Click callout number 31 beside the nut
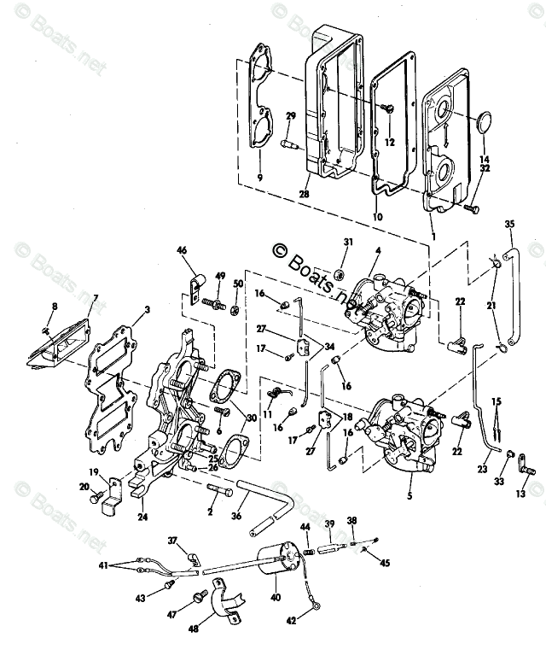click(x=347, y=242)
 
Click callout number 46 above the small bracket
click(x=182, y=250)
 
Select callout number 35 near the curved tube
click(x=510, y=225)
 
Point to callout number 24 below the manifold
click(x=142, y=517)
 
